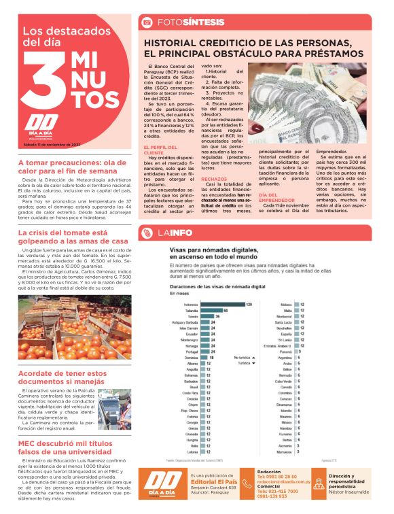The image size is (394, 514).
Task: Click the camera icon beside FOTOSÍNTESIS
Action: coord(145,22)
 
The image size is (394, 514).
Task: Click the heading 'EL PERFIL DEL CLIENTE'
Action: coord(158,149)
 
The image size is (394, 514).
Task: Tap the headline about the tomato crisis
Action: coord(73,237)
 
